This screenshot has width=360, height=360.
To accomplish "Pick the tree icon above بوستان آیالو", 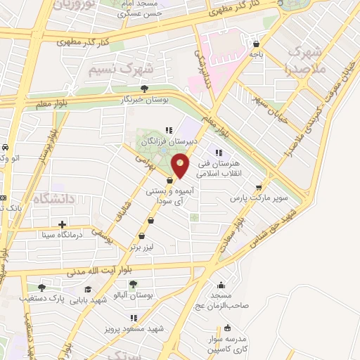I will click(x=134, y=284).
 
